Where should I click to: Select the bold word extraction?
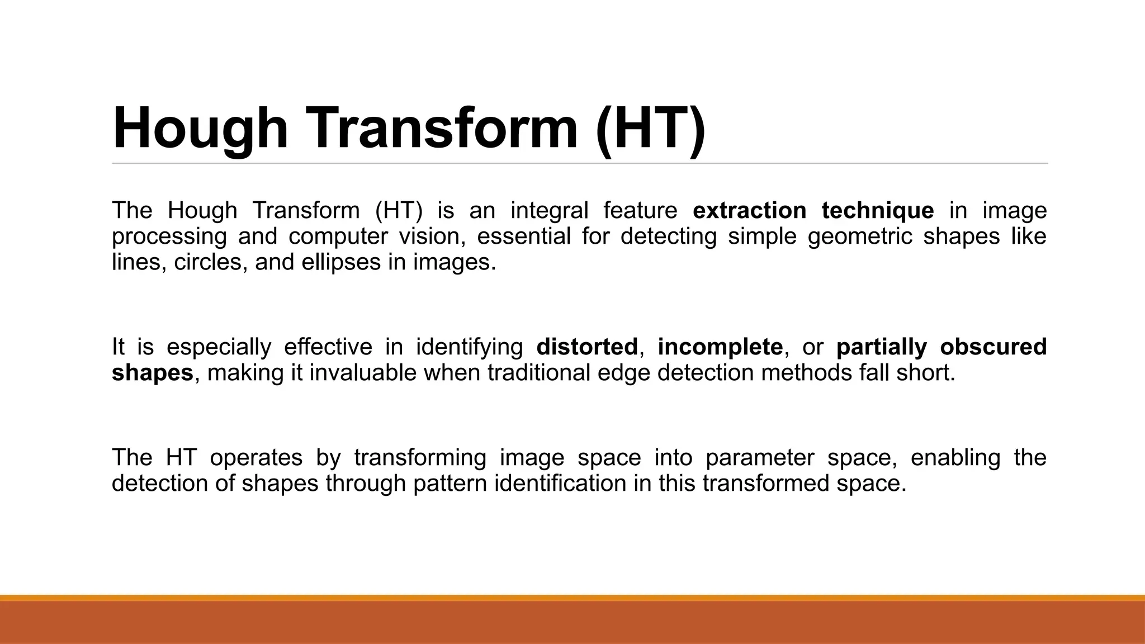point(749,211)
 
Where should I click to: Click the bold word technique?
point(877,211)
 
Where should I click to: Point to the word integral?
point(549,211)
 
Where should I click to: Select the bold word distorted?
point(586,347)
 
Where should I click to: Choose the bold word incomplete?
point(720,347)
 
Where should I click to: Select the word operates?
point(256,458)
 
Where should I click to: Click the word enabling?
point(955,458)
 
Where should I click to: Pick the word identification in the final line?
point(560,484)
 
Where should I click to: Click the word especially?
point(219,347)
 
